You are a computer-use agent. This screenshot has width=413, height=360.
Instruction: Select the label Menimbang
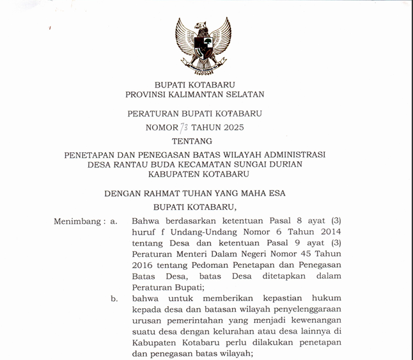tap(76, 221)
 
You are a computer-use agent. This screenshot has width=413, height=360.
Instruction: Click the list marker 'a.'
tap(114, 221)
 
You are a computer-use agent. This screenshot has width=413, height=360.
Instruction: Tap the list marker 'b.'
tap(114, 298)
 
